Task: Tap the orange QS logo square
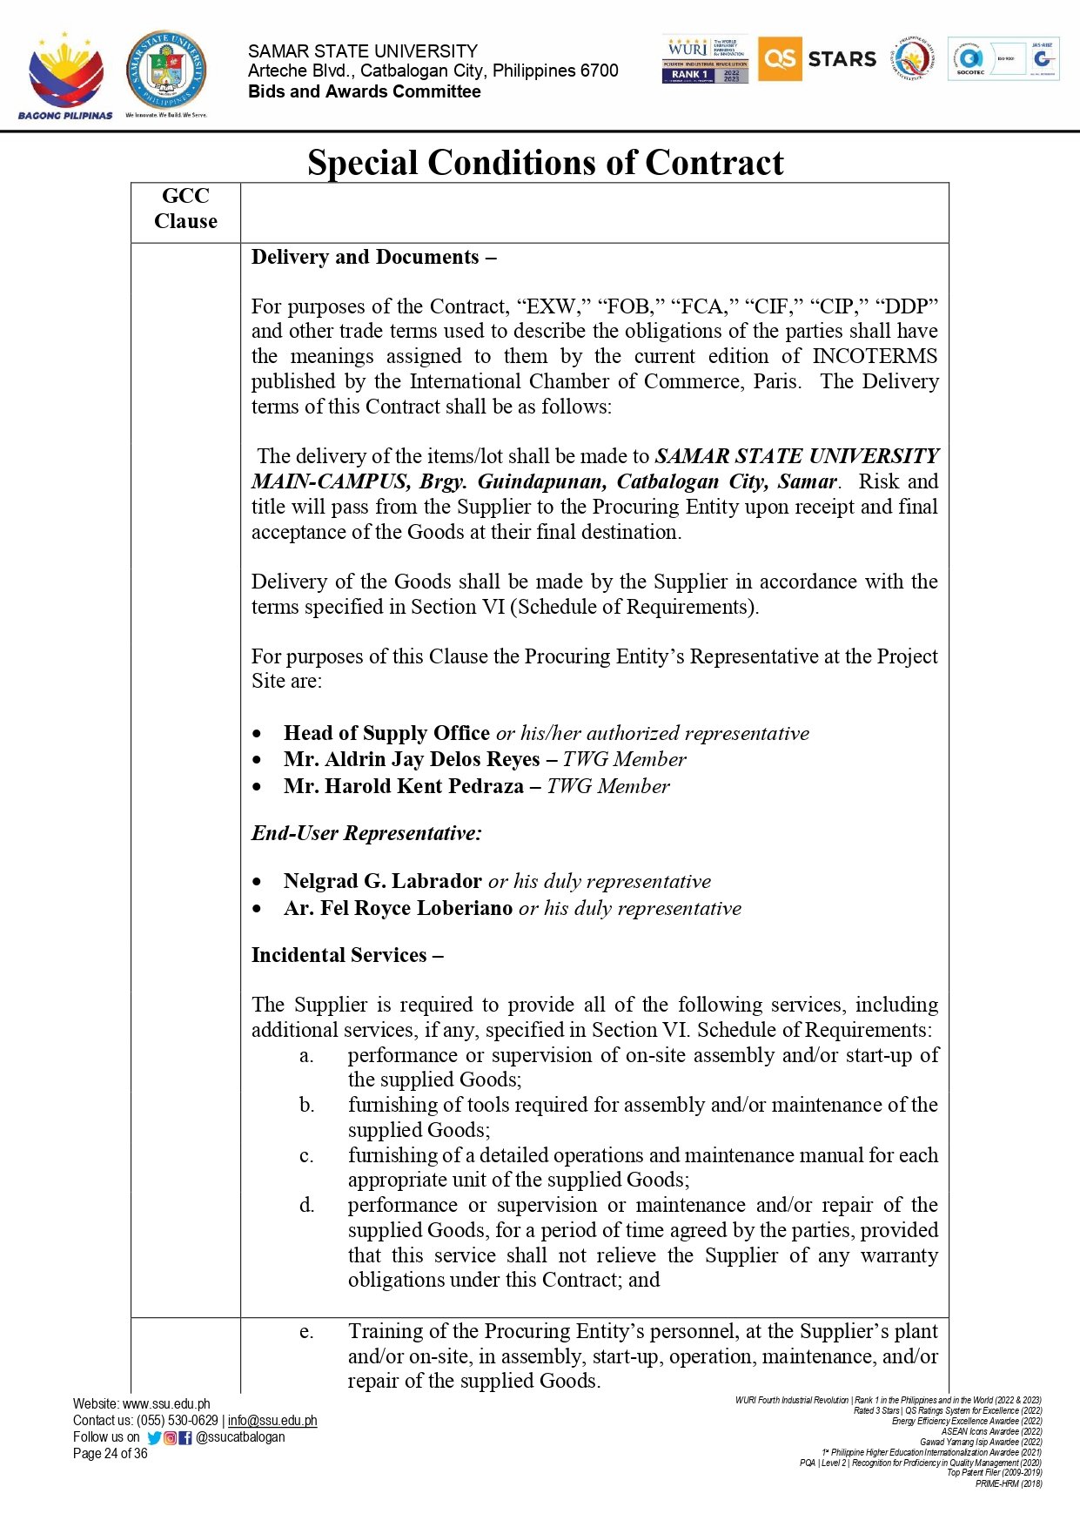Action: click(x=779, y=58)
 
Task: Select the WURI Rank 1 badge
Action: click(x=705, y=59)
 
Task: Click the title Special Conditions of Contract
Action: click(x=546, y=163)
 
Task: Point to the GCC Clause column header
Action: click(x=185, y=209)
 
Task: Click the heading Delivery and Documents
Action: click(x=373, y=258)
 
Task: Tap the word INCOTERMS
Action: click(x=875, y=356)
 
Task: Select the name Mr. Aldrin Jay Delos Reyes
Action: click(x=412, y=759)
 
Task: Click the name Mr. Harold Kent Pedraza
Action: click(x=404, y=786)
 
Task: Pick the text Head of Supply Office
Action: click(x=386, y=733)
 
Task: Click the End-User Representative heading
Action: click(x=366, y=833)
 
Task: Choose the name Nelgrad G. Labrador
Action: click(x=383, y=881)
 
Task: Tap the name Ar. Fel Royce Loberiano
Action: click(x=398, y=908)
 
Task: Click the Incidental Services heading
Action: click(x=347, y=955)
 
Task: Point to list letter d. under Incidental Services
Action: click(x=306, y=1205)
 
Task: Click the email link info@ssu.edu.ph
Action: click(x=272, y=1420)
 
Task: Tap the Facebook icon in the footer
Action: click(x=185, y=1437)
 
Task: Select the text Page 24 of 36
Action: click(x=111, y=1453)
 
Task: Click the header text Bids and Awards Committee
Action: click(x=364, y=91)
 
